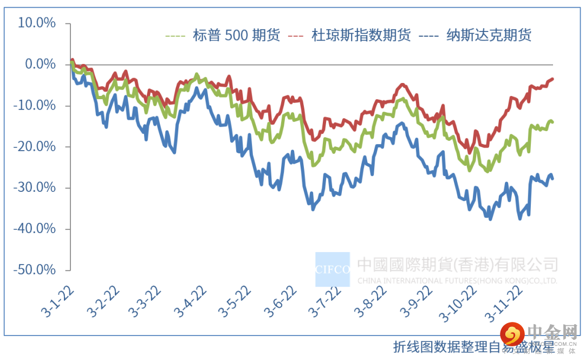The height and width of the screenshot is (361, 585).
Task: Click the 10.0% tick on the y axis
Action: point(36,23)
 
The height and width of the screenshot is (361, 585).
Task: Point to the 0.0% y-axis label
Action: point(40,65)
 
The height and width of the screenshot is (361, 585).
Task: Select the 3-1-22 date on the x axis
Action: point(57,300)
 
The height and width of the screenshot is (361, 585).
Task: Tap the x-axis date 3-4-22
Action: point(192,300)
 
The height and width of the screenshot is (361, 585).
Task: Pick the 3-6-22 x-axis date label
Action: point(281,300)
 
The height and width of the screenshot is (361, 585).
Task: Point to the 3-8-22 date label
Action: point(371,300)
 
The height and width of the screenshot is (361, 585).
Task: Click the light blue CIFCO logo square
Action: point(333,269)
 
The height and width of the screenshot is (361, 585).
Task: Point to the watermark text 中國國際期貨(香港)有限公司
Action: point(457,265)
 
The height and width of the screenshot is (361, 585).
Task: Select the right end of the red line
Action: point(552,79)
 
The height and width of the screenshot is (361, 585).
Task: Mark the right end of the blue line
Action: point(552,178)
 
